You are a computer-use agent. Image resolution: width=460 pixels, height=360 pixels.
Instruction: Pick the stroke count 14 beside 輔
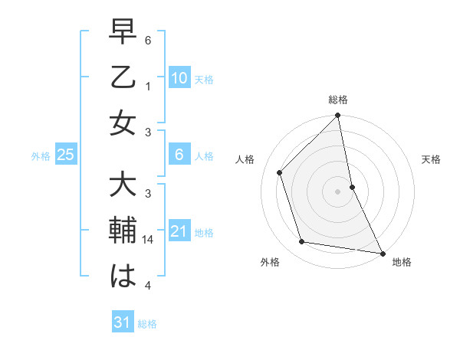[x=149, y=240]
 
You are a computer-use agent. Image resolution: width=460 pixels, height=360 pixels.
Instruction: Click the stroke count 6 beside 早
[x=149, y=41]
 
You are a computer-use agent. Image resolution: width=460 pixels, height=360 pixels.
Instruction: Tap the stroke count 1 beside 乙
[x=149, y=87]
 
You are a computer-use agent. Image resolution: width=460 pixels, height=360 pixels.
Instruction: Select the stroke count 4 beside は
[x=149, y=286]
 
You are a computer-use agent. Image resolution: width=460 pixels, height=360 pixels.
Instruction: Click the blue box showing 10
[x=179, y=77]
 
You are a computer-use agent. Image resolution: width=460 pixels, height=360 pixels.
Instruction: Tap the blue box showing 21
[x=179, y=231]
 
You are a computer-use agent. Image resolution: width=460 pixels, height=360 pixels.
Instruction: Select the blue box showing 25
[x=66, y=155]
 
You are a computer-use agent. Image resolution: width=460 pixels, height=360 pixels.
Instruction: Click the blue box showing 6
[x=179, y=155]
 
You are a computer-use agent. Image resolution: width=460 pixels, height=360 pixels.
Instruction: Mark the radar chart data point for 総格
[x=337, y=116]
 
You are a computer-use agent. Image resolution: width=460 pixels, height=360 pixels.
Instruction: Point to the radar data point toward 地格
[x=382, y=253]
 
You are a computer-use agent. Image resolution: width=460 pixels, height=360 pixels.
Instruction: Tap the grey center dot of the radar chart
[x=337, y=191]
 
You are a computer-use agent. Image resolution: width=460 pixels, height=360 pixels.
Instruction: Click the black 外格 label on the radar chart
[x=270, y=262]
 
